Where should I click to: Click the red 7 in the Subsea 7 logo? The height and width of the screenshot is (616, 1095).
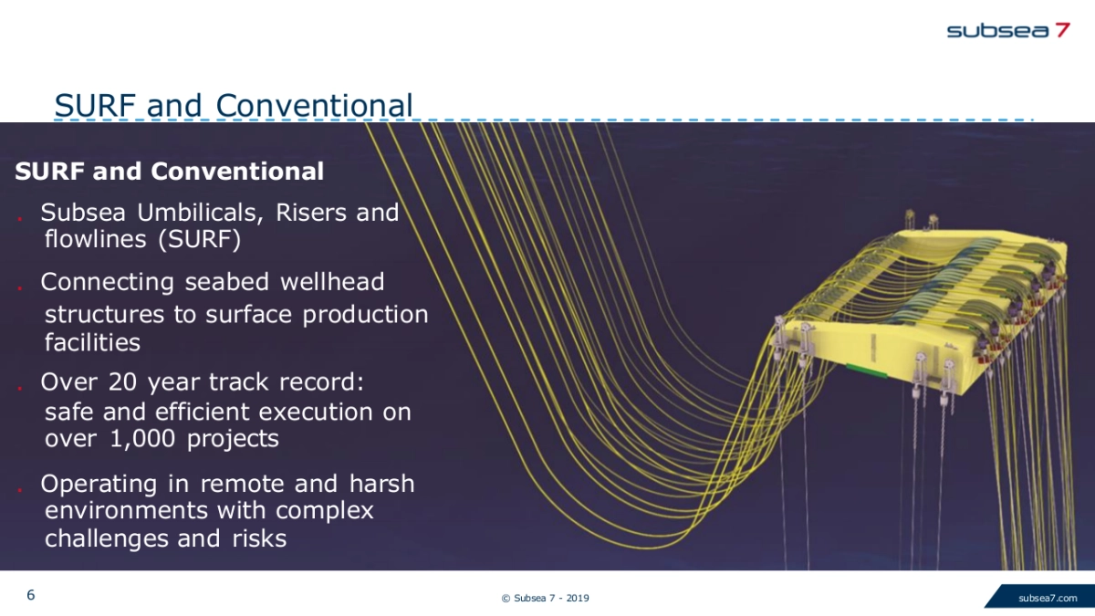click(x=1062, y=30)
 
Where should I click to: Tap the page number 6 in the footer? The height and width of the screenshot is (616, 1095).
click(x=31, y=595)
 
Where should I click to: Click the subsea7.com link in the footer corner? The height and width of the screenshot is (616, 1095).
click(x=1048, y=598)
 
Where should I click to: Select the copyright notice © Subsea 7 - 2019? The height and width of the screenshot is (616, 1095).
click(x=545, y=598)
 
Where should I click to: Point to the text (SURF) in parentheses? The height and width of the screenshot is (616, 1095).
click(x=200, y=239)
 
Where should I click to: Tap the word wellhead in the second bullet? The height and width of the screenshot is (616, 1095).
click(x=332, y=282)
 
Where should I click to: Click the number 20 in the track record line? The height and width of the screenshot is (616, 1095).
click(x=122, y=381)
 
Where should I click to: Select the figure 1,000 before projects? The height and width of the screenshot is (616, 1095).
click(x=142, y=439)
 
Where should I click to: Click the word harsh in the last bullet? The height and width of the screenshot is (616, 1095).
click(x=381, y=484)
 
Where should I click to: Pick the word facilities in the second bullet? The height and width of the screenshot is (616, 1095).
click(x=92, y=342)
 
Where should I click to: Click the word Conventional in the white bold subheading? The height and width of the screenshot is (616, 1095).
click(x=237, y=172)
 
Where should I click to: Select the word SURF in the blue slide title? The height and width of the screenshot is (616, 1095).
click(x=95, y=105)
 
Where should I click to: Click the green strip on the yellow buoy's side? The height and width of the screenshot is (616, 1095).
click(x=867, y=371)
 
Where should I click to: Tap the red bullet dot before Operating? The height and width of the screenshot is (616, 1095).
click(x=20, y=489)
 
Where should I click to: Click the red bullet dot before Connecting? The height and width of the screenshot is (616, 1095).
click(x=20, y=287)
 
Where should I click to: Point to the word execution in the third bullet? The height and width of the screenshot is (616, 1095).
click(x=316, y=412)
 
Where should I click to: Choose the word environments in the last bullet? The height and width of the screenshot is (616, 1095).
click(x=125, y=510)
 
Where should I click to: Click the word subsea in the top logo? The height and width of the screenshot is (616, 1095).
click(x=997, y=30)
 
